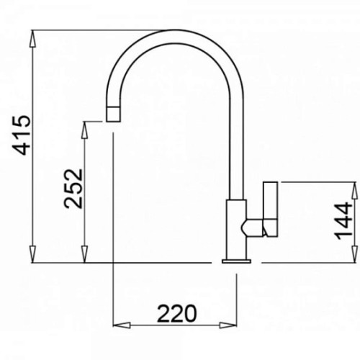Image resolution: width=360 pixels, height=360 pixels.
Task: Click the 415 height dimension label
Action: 22,135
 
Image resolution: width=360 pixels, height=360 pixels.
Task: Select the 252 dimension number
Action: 73,189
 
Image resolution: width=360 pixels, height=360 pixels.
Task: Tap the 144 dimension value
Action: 343,220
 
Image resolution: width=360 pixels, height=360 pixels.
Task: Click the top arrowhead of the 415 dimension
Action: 32,38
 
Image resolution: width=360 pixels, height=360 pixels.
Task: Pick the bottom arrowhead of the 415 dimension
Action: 32,254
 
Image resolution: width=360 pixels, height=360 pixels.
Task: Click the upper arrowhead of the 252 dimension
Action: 84,130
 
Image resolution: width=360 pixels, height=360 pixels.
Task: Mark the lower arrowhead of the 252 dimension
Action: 84,254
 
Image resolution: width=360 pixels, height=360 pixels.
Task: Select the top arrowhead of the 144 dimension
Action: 355,190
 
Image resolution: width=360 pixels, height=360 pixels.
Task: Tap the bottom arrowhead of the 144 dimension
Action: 355,254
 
